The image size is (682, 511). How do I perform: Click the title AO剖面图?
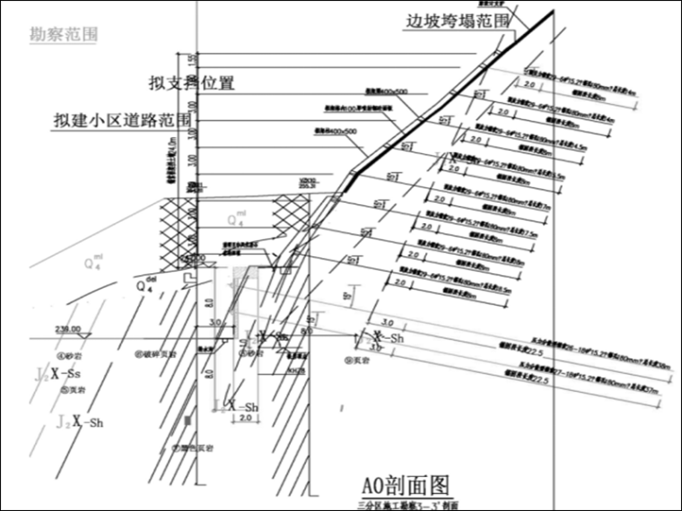(x=404, y=485)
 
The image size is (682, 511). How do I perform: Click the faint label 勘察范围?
(x=64, y=35)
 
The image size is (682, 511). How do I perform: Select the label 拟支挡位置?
(x=191, y=83)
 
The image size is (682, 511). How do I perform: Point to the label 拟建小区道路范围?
(x=123, y=120)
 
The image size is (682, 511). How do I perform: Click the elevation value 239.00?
(x=67, y=329)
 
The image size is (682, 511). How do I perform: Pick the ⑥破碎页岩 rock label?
(x=159, y=353)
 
